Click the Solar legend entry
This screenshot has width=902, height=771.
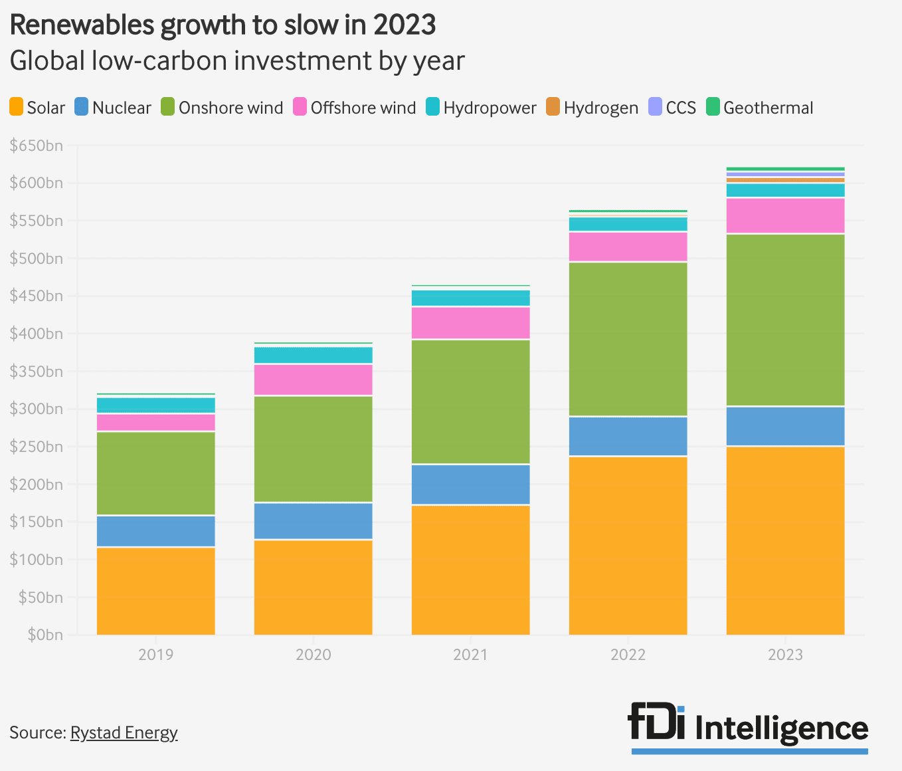pos(38,108)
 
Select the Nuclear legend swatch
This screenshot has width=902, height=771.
pos(81,107)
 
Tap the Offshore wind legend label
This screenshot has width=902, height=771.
pos(363,108)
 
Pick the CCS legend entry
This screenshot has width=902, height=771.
pos(672,108)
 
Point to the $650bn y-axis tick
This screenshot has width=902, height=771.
pos(37,146)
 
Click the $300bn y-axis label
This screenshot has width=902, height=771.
pos(37,409)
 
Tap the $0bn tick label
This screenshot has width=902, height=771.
pos(45,635)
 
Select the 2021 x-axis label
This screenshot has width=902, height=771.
pos(470,655)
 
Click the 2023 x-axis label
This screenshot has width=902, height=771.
pos(785,655)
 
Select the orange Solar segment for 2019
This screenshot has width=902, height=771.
pos(156,590)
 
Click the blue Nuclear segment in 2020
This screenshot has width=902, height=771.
pos(314,521)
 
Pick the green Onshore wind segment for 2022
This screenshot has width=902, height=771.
pos(628,339)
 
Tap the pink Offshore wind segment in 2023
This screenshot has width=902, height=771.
pos(785,215)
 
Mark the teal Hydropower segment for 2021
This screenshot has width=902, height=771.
pos(470,298)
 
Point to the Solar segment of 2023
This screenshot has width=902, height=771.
pos(785,540)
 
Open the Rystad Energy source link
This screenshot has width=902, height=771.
pos(124,732)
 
